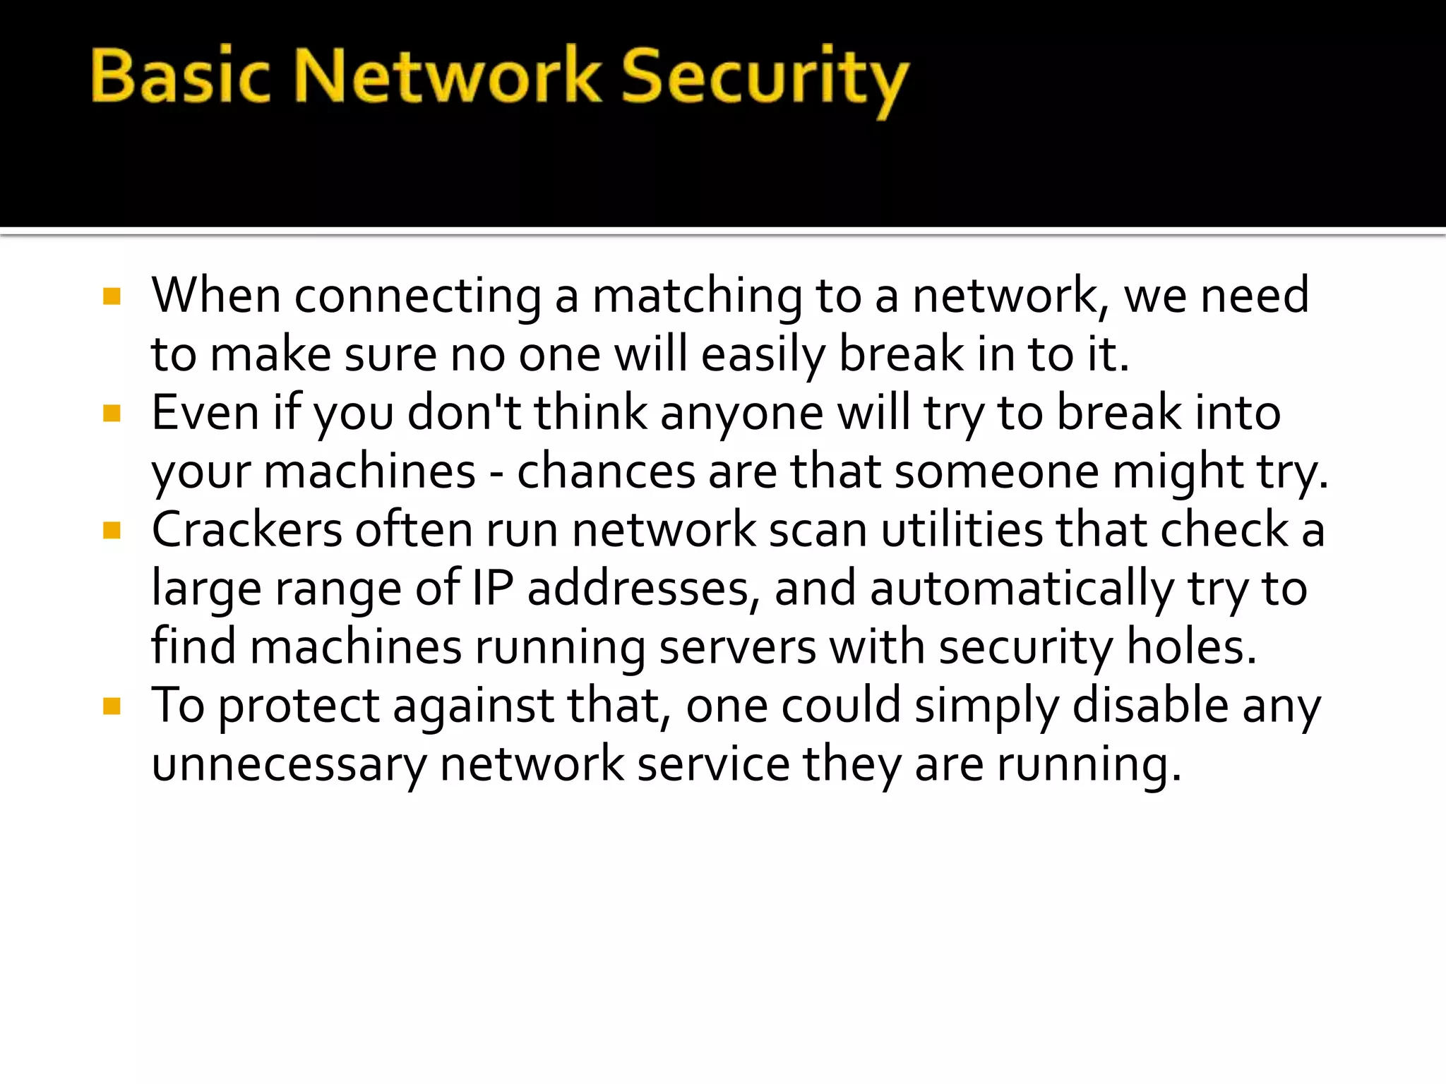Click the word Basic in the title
pyautogui.click(x=180, y=76)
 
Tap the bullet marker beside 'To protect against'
pyautogui.click(x=112, y=705)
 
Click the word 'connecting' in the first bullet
pyautogui.click(x=418, y=296)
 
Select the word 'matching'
pyautogui.click(x=697, y=296)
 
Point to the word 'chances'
pyautogui.click(x=606, y=472)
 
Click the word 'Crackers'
pyautogui.click(x=246, y=530)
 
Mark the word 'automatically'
pyautogui.click(x=1022, y=590)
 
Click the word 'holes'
pyautogui.click(x=1190, y=647)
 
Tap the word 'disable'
pyautogui.click(x=1150, y=706)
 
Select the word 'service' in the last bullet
pyautogui.click(x=713, y=764)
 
